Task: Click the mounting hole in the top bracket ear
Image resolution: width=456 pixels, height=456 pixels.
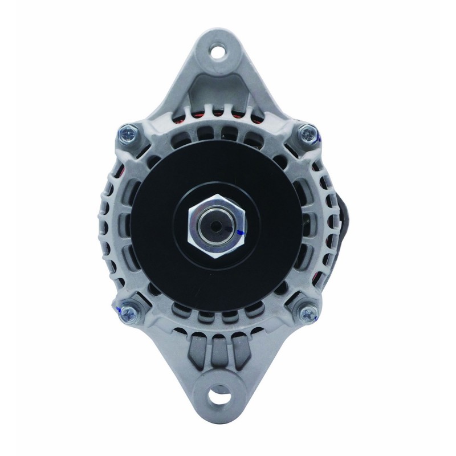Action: [217, 50]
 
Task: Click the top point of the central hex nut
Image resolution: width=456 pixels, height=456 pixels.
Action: [217, 194]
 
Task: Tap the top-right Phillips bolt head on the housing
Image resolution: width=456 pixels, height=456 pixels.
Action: [307, 133]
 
